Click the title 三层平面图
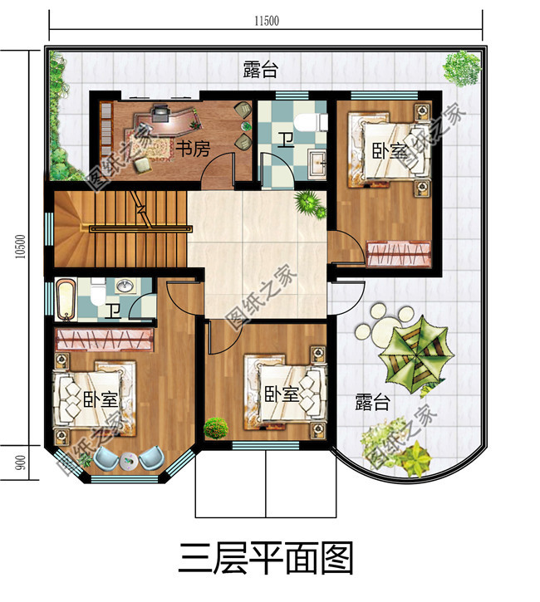tap(266, 557)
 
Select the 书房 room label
tap(193, 148)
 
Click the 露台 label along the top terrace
tap(260, 69)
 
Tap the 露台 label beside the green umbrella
tap(372, 404)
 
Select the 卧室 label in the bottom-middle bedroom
tap(282, 394)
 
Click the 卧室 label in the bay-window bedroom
tap(100, 399)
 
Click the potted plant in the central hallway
tap(309, 202)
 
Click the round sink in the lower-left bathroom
tap(125, 286)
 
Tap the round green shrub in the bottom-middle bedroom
tap(215, 428)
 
